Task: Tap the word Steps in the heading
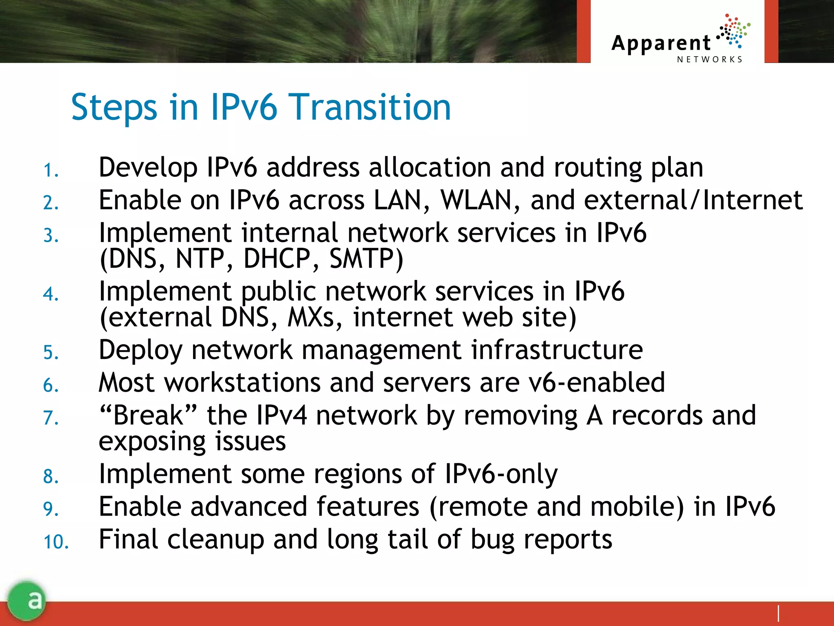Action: [x=114, y=108]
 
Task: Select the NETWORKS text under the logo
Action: [x=710, y=60]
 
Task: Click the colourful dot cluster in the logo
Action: [x=733, y=31]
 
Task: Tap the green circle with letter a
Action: [x=27, y=600]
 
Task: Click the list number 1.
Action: [x=50, y=170]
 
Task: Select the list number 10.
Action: [x=56, y=542]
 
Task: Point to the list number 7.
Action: [x=50, y=418]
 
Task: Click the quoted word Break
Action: [x=148, y=415]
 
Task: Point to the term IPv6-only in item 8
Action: [x=501, y=474]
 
